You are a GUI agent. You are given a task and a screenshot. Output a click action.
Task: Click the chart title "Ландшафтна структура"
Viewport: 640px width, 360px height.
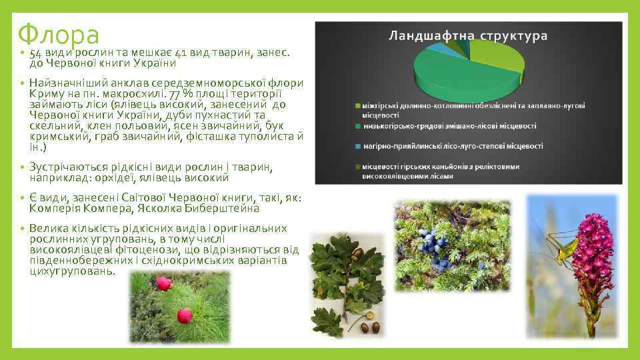point(468,35)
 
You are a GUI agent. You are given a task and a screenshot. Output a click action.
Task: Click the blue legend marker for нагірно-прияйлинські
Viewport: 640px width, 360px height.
point(357,145)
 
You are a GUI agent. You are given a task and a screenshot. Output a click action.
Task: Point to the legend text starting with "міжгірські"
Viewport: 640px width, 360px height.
point(473,105)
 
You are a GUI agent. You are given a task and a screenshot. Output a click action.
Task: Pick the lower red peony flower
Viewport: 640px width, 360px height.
point(185,315)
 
